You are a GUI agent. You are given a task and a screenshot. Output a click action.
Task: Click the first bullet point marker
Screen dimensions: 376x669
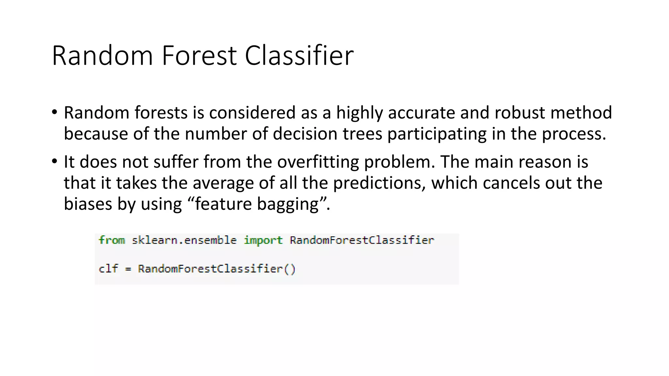pyautogui.click(x=54, y=112)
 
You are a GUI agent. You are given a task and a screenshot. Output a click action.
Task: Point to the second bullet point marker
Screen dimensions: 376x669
pyautogui.click(x=54, y=161)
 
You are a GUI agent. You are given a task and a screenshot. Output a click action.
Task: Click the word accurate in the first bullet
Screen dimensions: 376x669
pyautogui.click(x=422, y=113)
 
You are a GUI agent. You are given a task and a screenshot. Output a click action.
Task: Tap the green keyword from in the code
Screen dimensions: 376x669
pyautogui.click(x=112, y=240)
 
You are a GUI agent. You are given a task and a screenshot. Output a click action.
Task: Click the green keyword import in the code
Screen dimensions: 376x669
pyautogui.click(x=263, y=241)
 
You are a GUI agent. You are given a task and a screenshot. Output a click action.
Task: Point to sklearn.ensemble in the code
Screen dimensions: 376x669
pyautogui.click(x=184, y=241)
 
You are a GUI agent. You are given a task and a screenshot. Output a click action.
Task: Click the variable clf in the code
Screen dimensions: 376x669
pyautogui.click(x=108, y=269)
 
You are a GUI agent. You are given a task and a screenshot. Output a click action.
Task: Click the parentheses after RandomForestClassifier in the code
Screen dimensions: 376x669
pyautogui.click(x=290, y=269)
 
